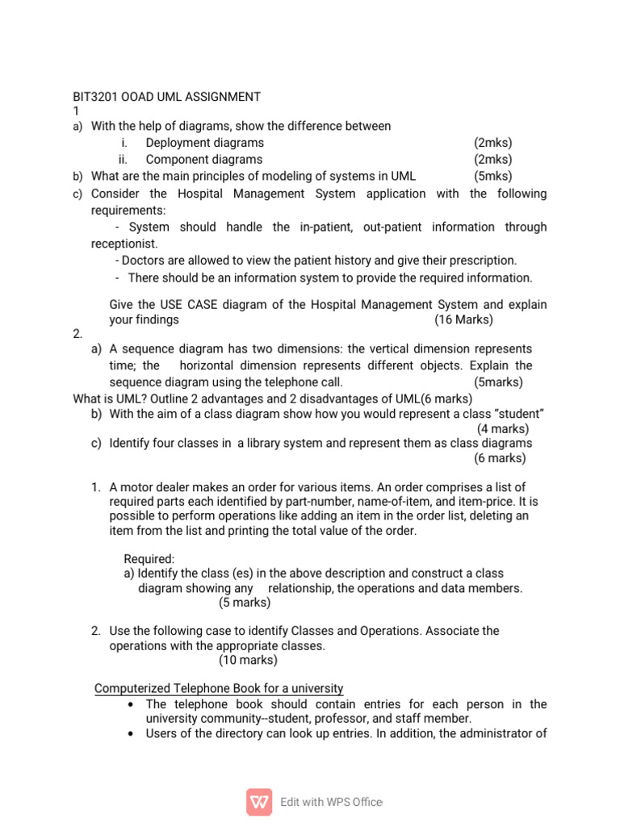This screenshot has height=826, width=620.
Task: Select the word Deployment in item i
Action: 178,143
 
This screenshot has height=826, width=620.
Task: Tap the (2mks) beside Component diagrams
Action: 492,160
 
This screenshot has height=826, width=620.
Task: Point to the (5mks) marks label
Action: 492,176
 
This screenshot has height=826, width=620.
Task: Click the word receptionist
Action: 124,244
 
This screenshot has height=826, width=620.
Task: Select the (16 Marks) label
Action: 463,319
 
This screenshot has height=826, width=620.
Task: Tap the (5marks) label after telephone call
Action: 498,382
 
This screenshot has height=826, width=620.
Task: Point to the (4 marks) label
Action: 503,428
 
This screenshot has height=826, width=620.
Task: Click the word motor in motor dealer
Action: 137,487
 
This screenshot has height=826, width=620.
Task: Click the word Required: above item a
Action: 149,559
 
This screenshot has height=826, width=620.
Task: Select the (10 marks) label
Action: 248,660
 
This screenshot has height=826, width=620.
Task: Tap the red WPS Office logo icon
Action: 259,802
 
